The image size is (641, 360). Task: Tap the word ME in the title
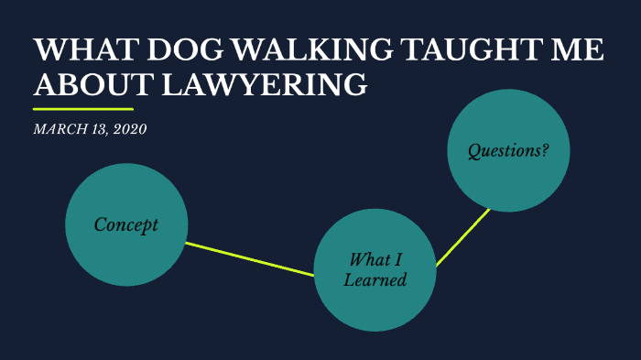coord(578,51)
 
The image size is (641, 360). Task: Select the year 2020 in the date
coord(129,129)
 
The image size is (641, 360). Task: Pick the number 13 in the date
coord(98,129)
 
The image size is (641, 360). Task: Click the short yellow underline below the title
coord(82,109)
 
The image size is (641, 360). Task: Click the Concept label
coord(126,224)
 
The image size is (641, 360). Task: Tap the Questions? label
coord(508,150)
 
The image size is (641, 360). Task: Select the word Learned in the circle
coord(375,280)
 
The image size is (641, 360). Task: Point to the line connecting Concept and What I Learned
coord(249,258)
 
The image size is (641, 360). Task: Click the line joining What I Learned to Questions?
coord(463,237)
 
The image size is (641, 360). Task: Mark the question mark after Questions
coord(545,150)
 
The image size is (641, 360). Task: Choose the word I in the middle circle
coord(397,259)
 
